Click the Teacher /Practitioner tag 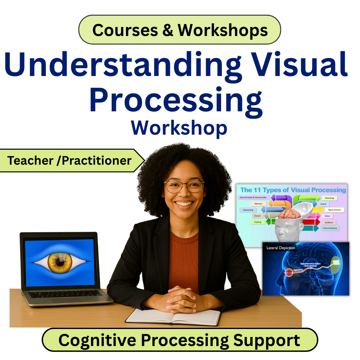coord(69,160)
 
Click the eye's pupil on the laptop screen coord(60,262)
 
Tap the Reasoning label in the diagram coord(329,198)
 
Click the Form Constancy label coord(330,228)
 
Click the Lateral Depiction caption coord(281,248)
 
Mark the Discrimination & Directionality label coord(253,197)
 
